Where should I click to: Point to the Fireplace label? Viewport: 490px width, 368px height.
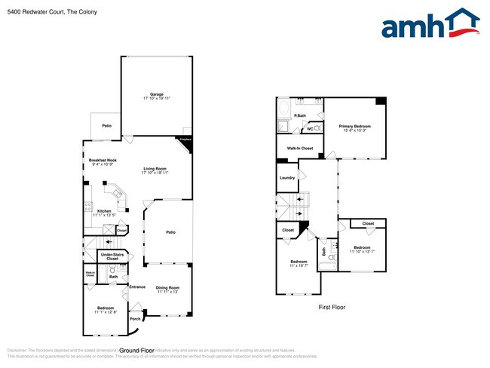coord(185,140)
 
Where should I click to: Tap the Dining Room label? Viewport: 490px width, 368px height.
coord(167,289)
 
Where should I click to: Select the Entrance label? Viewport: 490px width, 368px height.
coord(137,287)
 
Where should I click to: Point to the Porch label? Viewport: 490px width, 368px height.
coord(135,318)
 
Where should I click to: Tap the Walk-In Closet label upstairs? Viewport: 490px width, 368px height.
coord(299,149)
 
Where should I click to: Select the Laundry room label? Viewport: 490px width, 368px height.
coord(287,178)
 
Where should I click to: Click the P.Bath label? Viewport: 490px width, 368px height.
coord(299,115)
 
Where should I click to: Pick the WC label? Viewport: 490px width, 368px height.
coord(310,129)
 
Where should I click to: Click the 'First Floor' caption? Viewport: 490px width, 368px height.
coord(331,308)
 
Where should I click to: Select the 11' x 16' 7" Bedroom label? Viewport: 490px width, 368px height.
coord(299,262)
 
